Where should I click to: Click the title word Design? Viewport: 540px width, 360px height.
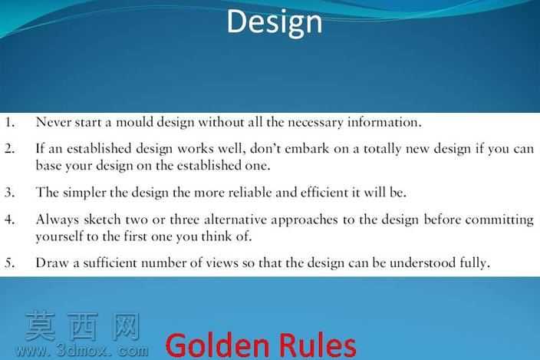(275, 22)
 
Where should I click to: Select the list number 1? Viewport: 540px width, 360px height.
(9, 122)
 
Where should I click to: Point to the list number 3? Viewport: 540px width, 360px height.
(9, 192)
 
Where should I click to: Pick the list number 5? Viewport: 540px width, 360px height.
(9, 263)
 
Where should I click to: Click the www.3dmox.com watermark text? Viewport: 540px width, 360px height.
(81, 351)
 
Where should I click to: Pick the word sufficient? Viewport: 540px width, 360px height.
(110, 263)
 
